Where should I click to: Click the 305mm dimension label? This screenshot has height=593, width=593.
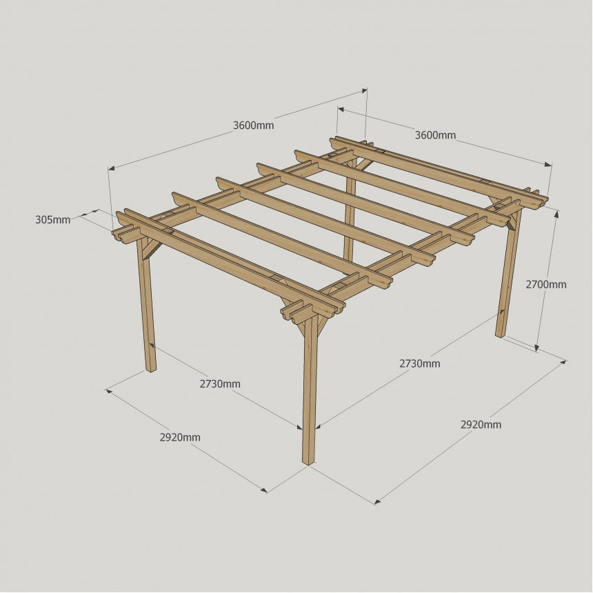pos(52,219)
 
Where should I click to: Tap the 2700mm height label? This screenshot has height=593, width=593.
pos(545,284)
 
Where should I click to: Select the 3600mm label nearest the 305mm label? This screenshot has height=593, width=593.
pos(253,125)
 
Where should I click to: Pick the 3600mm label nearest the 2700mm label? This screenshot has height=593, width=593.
pos(435,135)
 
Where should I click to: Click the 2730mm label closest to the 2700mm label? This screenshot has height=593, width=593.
pos(420,363)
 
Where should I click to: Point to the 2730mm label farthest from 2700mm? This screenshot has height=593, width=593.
pos(220,384)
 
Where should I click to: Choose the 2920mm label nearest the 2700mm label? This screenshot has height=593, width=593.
pos(481,425)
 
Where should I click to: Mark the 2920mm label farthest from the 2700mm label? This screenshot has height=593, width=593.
pos(180,438)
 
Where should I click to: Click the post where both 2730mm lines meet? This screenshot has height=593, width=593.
pos(310,390)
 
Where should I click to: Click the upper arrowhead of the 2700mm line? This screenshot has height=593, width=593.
pos(556,214)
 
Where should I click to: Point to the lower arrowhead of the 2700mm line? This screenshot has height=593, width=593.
pos(536,348)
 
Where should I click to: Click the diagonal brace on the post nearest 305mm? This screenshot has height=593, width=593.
pos(153,249)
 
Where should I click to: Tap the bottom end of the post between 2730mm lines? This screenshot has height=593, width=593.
pos(309,463)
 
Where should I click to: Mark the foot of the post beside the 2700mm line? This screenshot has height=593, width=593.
pos(500,334)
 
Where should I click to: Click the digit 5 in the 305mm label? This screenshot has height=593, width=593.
pos(48,219)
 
